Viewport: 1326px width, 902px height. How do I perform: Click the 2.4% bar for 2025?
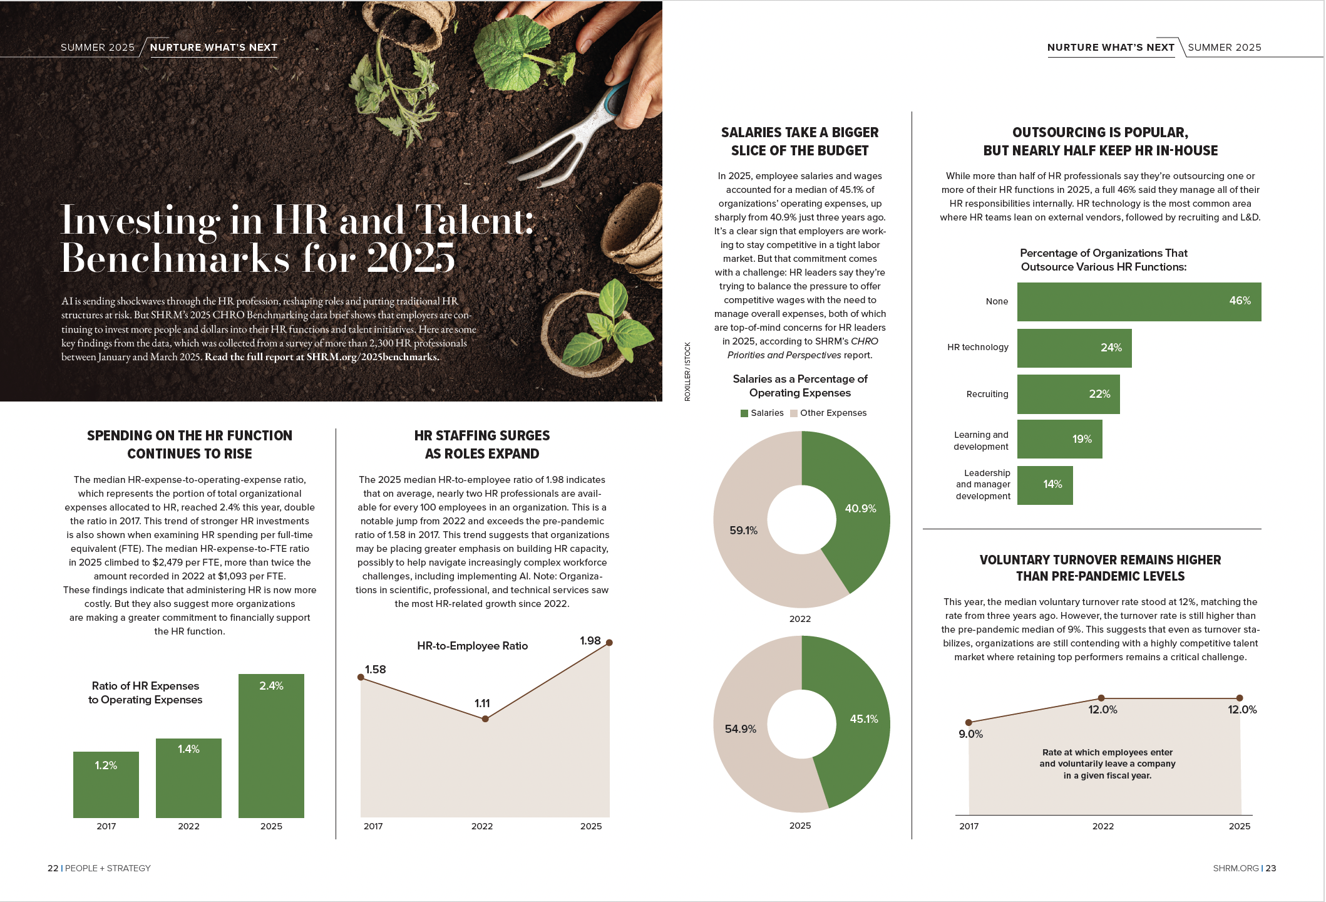[x=271, y=745]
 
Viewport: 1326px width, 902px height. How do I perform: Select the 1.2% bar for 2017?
[x=106, y=784]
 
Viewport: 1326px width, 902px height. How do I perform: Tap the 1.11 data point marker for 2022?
[x=485, y=719]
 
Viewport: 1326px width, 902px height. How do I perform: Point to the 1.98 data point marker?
[x=609, y=643]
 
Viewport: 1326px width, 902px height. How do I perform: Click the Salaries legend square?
[x=744, y=413]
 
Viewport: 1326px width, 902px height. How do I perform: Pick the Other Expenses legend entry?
[x=828, y=413]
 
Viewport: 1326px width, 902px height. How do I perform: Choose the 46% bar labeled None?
[x=1139, y=302]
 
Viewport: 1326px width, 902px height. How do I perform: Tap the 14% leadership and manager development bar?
[x=1045, y=485]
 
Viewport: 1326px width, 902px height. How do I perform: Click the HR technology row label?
[x=978, y=347]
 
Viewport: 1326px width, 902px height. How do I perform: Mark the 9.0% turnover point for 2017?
[x=969, y=723]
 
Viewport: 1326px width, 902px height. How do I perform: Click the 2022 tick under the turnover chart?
[x=1103, y=826]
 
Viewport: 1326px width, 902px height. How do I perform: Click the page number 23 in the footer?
[x=1270, y=868]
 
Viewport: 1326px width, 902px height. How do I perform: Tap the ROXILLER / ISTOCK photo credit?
[x=687, y=371]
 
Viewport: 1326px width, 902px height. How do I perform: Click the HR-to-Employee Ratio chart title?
[x=473, y=646]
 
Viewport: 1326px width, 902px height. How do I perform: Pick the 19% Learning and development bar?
[x=1059, y=439]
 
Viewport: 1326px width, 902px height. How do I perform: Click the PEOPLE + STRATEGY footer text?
[x=108, y=868]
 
